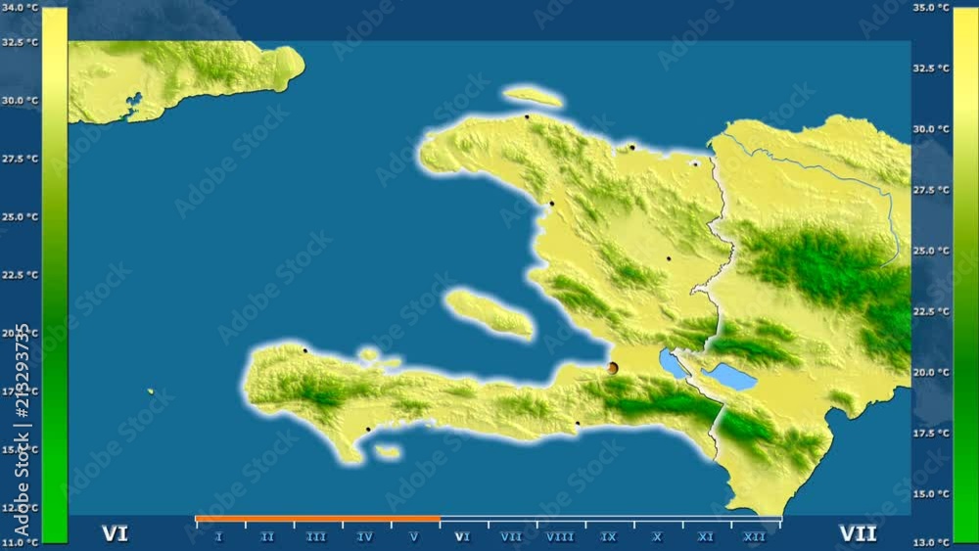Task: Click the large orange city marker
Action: click(613, 368)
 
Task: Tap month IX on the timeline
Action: click(609, 536)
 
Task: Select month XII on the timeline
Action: click(755, 536)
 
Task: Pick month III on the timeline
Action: click(316, 536)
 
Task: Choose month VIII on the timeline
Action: click(560, 536)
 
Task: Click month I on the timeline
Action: click(218, 536)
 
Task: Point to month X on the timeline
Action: click(657, 536)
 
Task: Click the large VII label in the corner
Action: click(858, 533)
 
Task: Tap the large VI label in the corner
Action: click(116, 533)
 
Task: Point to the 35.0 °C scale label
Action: click(930, 8)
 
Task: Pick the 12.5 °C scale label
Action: click(22, 508)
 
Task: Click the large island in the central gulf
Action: click(489, 312)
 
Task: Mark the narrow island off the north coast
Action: click(533, 96)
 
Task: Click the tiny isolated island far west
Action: click(151, 391)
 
